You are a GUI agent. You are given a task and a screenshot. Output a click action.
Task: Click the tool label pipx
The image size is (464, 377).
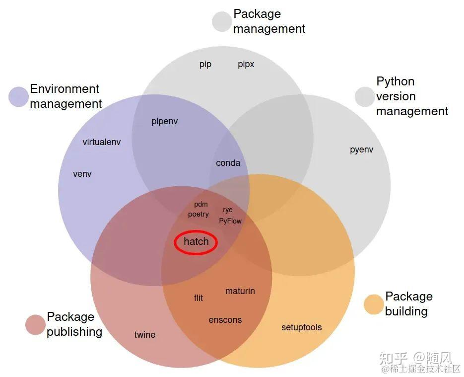click(x=246, y=65)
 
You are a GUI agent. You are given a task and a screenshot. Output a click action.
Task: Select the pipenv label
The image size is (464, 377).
click(x=165, y=121)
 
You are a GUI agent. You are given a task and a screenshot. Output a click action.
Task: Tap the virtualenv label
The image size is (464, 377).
click(x=102, y=142)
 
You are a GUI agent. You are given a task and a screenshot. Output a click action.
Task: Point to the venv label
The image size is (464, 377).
click(x=82, y=174)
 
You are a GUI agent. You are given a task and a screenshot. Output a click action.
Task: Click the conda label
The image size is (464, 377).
click(x=228, y=163)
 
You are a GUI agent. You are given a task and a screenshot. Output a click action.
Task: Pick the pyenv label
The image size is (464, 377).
click(x=362, y=150)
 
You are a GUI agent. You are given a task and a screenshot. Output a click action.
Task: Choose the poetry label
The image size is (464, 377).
click(x=199, y=214)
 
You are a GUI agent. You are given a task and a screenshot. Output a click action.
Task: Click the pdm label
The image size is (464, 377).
click(x=201, y=204)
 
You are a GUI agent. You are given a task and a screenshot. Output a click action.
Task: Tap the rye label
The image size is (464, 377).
click(x=228, y=210)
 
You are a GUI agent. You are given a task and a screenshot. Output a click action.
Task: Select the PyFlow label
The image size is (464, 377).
click(x=230, y=221)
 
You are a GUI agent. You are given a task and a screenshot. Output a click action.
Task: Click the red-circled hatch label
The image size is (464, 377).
click(x=196, y=242)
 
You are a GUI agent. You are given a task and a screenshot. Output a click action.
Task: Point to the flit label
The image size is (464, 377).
click(x=199, y=298)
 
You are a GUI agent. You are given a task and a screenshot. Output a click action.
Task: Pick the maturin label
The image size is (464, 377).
click(x=240, y=291)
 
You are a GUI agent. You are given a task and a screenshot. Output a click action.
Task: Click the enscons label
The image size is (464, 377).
click(x=225, y=320)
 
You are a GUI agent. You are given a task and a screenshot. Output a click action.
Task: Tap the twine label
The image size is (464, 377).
click(x=145, y=335)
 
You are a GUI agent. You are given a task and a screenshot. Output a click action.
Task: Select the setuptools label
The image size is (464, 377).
click(x=302, y=327)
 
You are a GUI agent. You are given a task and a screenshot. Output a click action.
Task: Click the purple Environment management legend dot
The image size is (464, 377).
click(x=18, y=96)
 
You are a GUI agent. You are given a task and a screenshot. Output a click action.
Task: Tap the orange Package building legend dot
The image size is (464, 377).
click(x=374, y=304)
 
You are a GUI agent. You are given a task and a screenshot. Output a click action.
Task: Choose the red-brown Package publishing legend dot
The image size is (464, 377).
click(x=35, y=324)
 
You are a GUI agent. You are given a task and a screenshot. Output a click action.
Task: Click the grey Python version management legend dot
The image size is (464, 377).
click(x=365, y=96)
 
